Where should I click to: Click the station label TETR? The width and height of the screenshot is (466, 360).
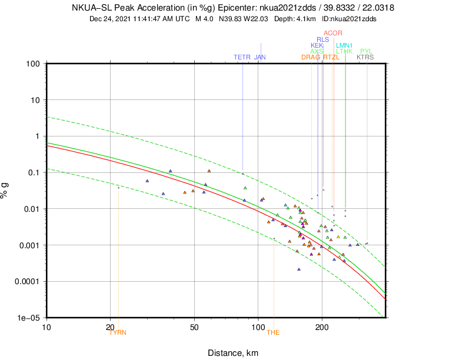point(242,58)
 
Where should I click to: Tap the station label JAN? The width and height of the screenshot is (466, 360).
point(260,58)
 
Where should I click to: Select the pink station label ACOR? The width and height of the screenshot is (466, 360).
point(333,33)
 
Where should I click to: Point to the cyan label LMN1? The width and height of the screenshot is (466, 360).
point(344,45)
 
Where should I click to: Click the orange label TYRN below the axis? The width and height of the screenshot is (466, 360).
point(118,332)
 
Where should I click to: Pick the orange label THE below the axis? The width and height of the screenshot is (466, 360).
point(274,332)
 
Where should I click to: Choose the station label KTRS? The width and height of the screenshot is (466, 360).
point(365,58)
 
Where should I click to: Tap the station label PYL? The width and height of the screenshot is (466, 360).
point(366,51)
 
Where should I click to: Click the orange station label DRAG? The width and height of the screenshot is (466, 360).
point(311,58)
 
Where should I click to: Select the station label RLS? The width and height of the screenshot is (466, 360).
point(323,39)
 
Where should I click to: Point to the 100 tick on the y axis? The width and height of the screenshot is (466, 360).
point(32,64)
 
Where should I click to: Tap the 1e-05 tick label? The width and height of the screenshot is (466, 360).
point(28,318)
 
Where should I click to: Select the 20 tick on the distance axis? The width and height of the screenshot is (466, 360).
point(110,327)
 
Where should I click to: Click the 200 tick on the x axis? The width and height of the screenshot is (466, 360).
point(322,327)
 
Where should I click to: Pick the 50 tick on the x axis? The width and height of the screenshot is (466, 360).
point(194,327)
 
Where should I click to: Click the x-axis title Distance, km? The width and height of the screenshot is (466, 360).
point(233,353)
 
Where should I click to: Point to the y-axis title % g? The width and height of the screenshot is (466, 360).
point(6,190)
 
